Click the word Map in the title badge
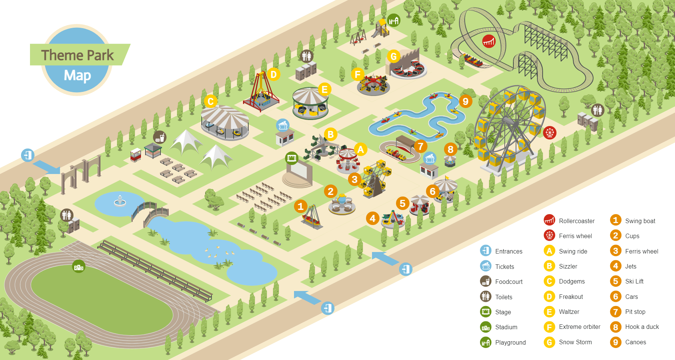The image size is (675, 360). (x=77, y=75)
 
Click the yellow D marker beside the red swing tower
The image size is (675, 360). (x=274, y=74)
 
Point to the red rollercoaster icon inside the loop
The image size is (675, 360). (x=489, y=40)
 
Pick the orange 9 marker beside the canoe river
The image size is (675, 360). (x=465, y=101)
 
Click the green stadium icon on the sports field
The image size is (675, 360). (x=79, y=267)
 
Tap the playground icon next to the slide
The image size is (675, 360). (x=394, y=20)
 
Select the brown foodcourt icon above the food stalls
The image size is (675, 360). (x=160, y=137)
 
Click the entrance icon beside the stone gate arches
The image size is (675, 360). (x=28, y=155)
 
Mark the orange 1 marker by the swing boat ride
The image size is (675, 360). (x=300, y=206)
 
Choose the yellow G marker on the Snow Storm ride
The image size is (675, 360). (x=393, y=56)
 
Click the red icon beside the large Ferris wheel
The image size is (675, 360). (x=550, y=132)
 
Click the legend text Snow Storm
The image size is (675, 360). (x=575, y=342)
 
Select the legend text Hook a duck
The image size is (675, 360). (x=642, y=327)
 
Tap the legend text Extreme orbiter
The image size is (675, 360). (x=579, y=327)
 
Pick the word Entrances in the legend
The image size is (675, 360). (x=508, y=251)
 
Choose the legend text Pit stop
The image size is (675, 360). (x=635, y=312)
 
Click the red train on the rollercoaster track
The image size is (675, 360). (x=473, y=60)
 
